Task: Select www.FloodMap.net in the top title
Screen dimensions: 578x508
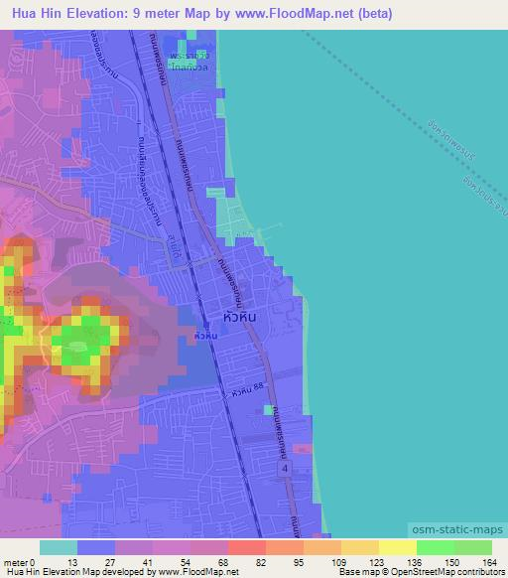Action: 288,14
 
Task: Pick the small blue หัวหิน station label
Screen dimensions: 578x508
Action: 205,338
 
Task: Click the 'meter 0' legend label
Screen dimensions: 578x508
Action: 19,562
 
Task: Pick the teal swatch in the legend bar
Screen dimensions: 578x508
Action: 58,548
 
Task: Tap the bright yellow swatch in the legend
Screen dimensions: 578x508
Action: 397,548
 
